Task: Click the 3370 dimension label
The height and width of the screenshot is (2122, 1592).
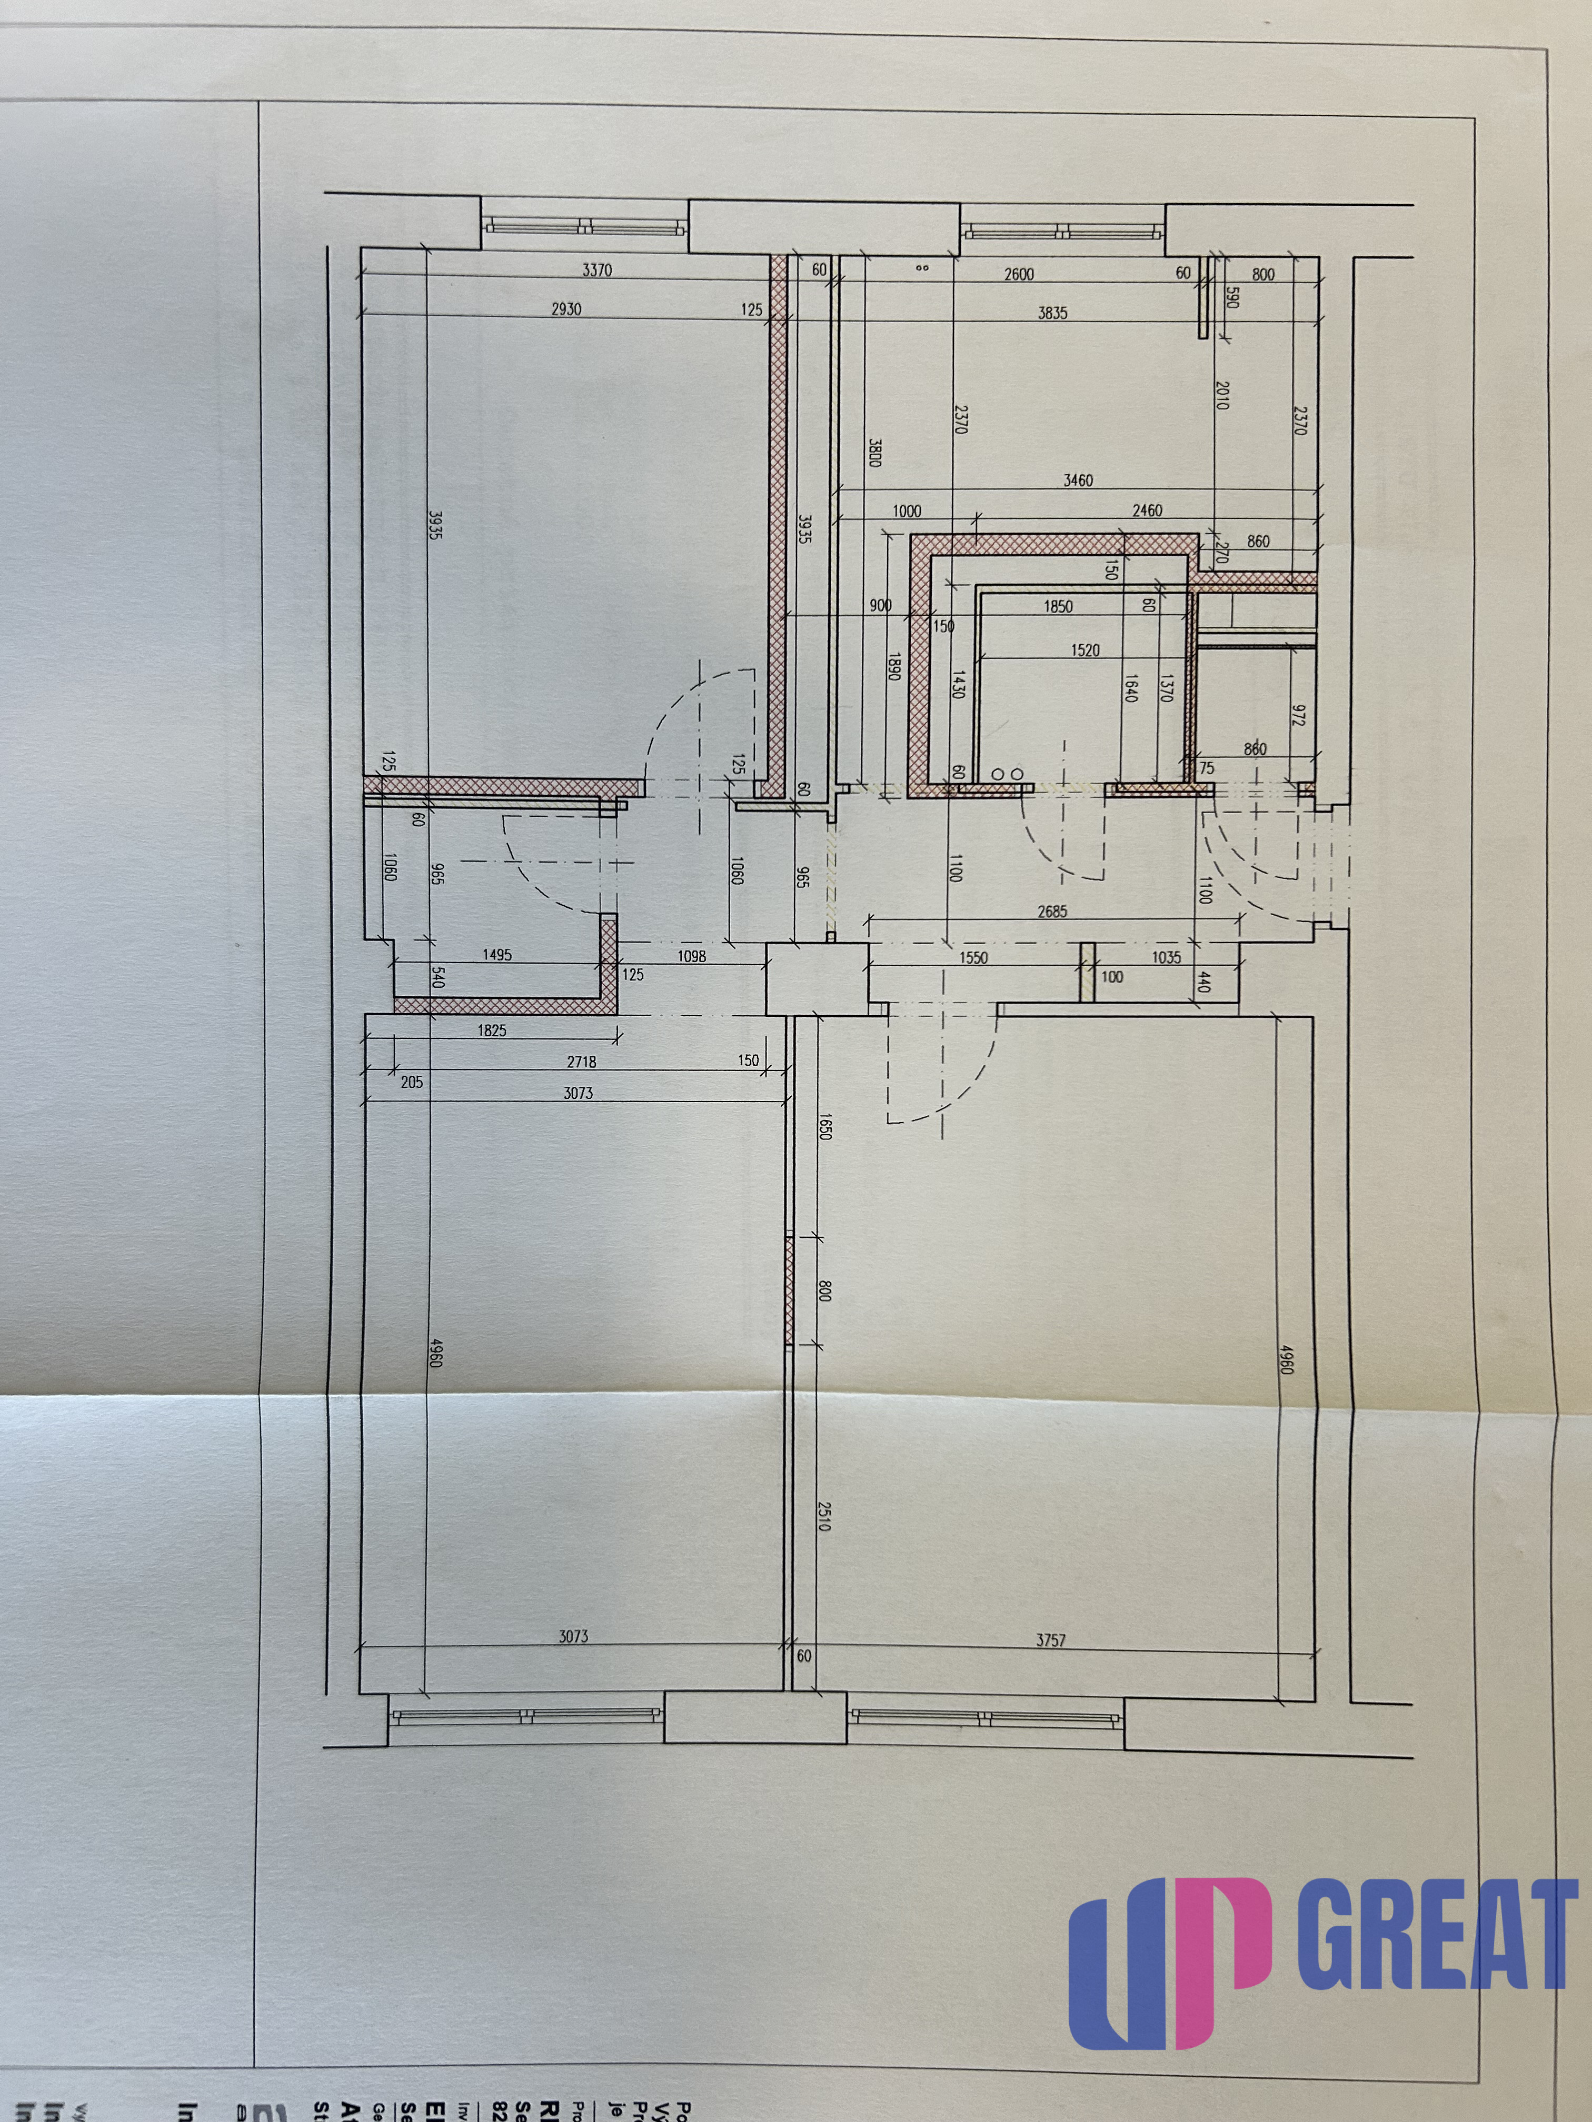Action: tap(597, 271)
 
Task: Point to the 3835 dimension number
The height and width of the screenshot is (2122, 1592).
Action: tap(1053, 313)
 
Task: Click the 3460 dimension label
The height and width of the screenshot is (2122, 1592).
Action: tap(1078, 481)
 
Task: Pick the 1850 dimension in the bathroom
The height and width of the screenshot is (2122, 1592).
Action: tap(1058, 606)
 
